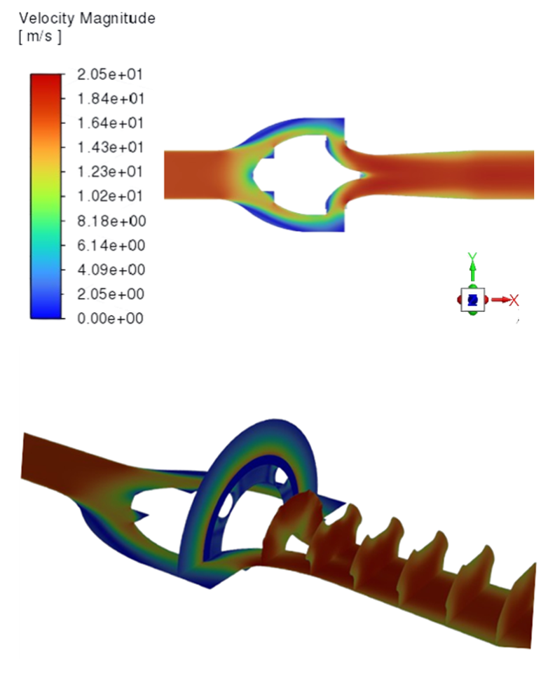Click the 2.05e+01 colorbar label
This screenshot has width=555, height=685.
click(x=110, y=74)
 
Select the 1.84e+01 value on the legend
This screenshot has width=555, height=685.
click(x=111, y=99)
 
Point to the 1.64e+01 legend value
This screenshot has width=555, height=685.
click(x=111, y=123)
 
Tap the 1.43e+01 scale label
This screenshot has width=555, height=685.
click(x=111, y=147)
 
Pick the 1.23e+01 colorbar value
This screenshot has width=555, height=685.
click(x=110, y=172)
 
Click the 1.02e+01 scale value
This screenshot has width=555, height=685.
click(x=110, y=196)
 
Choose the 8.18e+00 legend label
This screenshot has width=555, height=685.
click(x=111, y=221)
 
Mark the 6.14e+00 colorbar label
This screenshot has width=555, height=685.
click(x=111, y=245)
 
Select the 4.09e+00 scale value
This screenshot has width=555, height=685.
click(x=111, y=270)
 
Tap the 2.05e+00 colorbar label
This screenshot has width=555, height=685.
click(x=111, y=294)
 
